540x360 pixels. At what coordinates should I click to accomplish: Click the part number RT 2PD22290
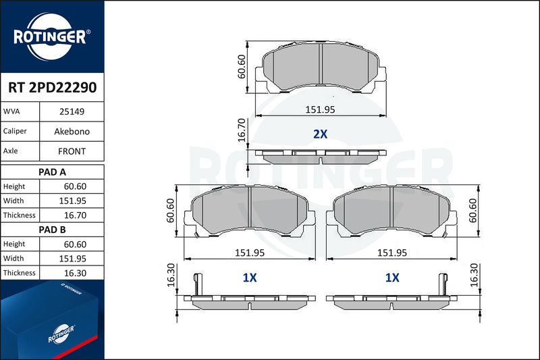[53, 88]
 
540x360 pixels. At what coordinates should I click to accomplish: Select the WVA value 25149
[72, 111]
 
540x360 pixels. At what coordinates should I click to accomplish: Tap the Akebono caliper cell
[72, 131]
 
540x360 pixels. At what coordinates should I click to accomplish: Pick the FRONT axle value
[72, 151]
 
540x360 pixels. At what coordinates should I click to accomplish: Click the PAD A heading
[53, 172]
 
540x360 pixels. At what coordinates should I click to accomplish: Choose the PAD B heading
[53, 230]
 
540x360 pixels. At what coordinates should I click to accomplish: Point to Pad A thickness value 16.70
[75, 215]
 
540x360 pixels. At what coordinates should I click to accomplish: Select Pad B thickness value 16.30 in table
[75, 273]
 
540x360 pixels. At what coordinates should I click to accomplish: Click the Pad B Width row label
[13, 259]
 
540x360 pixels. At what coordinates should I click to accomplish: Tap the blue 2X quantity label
[320, 134]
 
